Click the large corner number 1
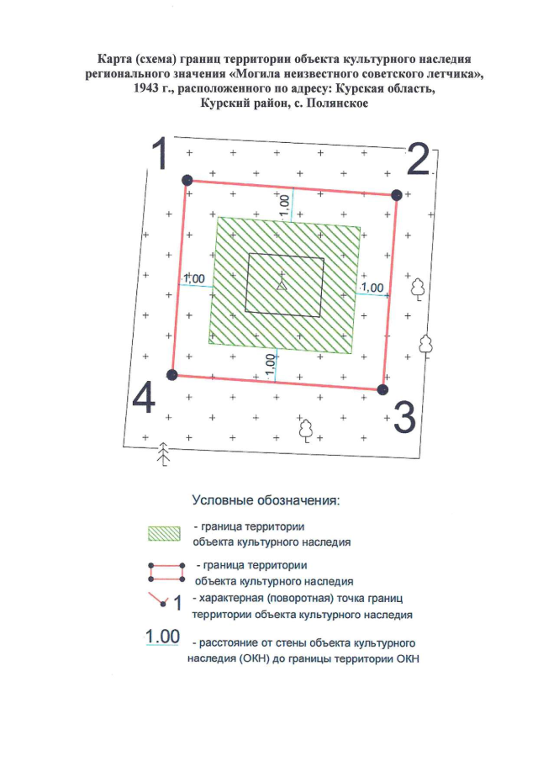click(161, 153)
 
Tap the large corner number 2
click(418, 159)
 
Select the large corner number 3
click(404, 418)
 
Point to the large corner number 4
click(144, 398)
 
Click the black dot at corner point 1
click(187, 180)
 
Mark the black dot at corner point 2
click(396, 195)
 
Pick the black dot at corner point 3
click(382, 389)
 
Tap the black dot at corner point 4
click(171, 375)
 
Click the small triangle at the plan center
click(282, 285)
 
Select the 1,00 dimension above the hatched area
click(285, 206)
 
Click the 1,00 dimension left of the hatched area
click(194, 278)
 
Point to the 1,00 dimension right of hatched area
click(372, 288)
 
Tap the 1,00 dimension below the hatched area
click(270, 364)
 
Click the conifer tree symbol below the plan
click(165, 455)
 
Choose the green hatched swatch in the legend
click(164, 533)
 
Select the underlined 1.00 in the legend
click(163, 637)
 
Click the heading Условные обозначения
click(266, 499)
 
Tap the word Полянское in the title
click(337, 103)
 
